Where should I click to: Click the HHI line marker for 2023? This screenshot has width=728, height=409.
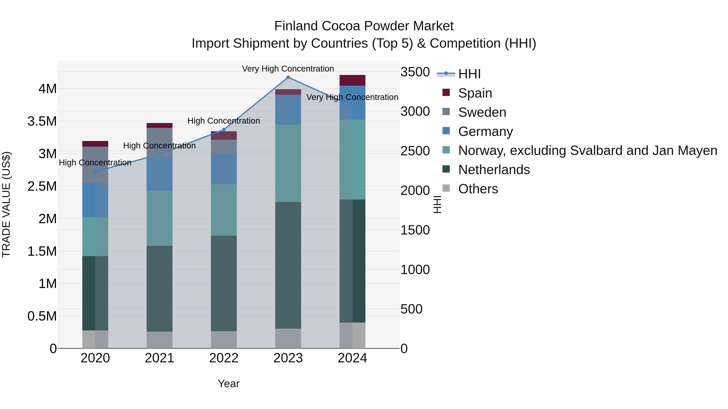point(288,77)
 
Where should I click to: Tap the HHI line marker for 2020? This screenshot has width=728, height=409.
point(95,172)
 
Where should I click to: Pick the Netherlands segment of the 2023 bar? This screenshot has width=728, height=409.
point(288,265)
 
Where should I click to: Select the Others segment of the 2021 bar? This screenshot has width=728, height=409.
point(159,340)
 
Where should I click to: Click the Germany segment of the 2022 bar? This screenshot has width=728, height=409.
point(224,169)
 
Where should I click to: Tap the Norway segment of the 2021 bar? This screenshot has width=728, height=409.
point(159,218)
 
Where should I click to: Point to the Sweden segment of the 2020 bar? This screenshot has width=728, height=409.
point(95,165)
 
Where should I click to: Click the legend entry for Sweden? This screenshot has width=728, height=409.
point(482,112)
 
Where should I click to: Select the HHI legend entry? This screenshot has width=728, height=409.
point(469,74)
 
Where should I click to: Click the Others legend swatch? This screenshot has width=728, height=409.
point(446,188)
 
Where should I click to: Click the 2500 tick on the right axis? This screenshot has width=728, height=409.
point(415,151)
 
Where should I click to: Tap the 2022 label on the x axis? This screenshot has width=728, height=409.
point(224,358)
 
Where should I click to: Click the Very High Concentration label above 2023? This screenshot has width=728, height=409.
point(288,69)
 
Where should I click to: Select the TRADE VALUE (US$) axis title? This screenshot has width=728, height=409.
point(6,205)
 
